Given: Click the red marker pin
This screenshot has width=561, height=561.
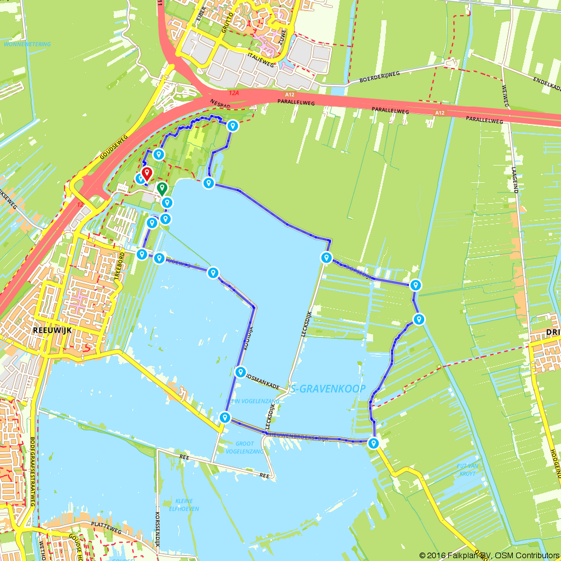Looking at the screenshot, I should [146, 173].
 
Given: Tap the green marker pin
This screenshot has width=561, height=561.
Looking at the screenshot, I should [162, 188].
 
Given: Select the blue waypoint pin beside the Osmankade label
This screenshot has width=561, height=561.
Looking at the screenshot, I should [240, 372].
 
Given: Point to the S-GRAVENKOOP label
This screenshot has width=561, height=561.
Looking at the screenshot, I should [328, 389].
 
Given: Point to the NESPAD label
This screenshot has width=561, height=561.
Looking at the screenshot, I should [220, 103].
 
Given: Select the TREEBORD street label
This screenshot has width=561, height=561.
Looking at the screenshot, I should [119, 264].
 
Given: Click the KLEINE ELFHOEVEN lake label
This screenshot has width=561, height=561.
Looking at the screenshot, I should [184, 505].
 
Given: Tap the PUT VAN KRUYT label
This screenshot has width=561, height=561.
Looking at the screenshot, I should [467, 470].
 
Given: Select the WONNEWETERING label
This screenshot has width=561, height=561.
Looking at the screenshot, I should [27, 44].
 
